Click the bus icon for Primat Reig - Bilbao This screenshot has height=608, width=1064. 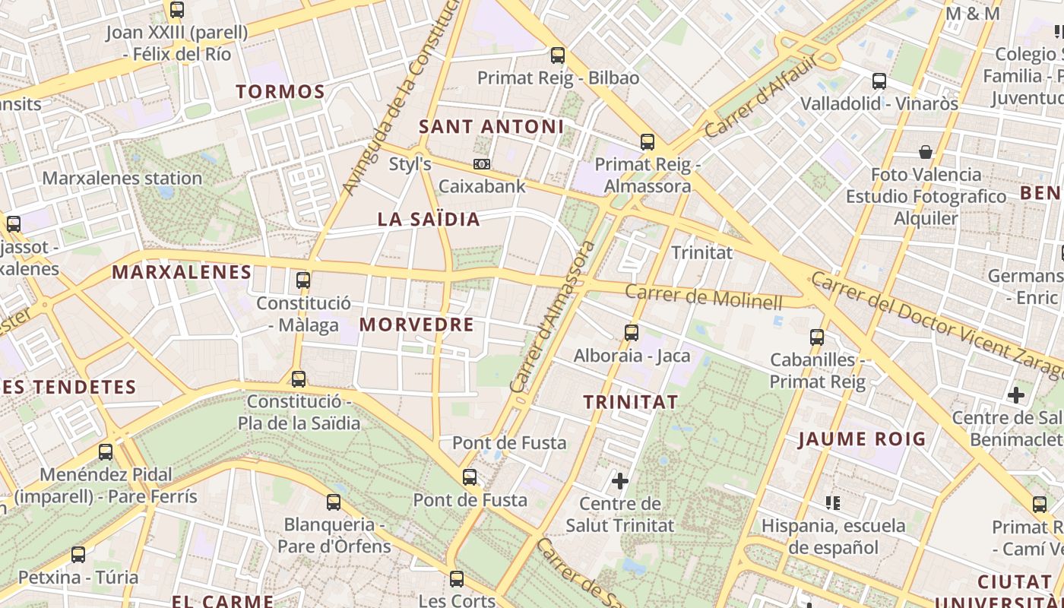point(558,55)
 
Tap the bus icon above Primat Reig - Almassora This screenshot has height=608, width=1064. point(647,142)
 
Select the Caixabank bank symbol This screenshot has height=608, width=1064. point(481,164)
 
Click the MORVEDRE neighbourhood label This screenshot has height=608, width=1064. point(416,325)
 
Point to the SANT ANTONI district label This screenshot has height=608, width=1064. point(492,127)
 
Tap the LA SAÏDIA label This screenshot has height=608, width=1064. point(429,220)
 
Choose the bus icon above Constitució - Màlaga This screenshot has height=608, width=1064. point(303,280)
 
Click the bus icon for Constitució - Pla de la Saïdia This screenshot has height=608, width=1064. point(299,378)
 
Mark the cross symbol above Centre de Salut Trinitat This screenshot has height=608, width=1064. point(620,481)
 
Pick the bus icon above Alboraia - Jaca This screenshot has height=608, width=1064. point(631,333)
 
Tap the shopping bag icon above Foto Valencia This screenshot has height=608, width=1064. point(925,152)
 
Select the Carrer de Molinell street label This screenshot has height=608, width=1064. point(703,296)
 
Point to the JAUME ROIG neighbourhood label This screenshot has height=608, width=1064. point(862,439)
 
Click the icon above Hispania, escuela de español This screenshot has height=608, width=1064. point(833,502)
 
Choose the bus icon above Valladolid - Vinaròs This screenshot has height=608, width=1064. point(879,81)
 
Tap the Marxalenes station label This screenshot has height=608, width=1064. point(122,179)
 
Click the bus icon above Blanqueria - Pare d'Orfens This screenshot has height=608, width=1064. point(334,502)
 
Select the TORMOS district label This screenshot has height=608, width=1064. point(280,92)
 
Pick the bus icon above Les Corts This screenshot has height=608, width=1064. point(457,579)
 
